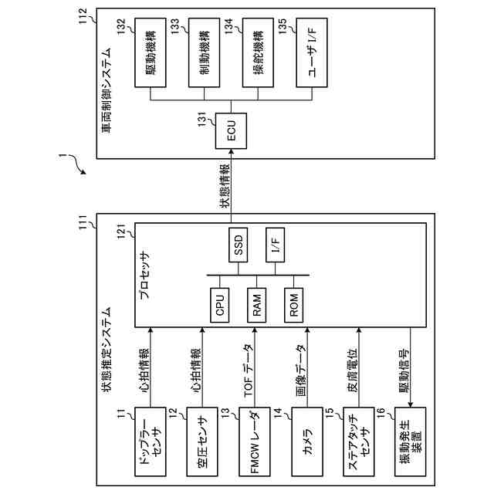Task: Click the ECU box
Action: [231, 131]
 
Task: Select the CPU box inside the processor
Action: [219, 305]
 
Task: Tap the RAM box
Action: [256, 305]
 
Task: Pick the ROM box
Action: [293, 305]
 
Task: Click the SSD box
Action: [239, 245]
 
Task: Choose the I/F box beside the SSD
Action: [275, 245]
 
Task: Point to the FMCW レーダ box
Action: [255, 442]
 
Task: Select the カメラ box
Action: [307, 442]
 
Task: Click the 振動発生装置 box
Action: [410, 442]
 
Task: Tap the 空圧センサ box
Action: [202, 442]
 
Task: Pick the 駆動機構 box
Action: [151, 52]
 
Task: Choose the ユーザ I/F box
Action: [312, 52]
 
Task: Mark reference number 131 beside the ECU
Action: [202, 120]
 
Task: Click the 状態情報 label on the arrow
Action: [225, 186]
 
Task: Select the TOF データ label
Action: [248, 370]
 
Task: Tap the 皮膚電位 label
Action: [353, 370]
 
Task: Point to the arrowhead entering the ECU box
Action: [231, 151]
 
